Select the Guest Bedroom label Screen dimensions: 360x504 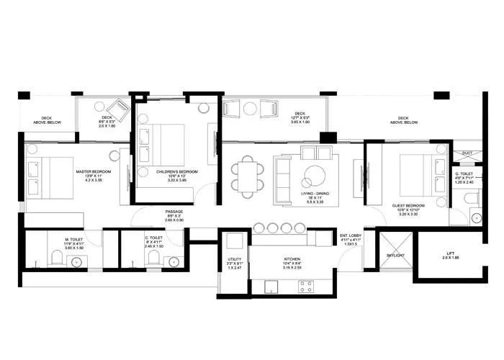coord(408,206)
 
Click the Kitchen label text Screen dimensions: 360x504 coord(292,258)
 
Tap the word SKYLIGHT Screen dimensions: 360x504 coord(395,256)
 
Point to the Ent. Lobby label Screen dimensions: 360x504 coord(350,235)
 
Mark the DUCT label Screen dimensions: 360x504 coord(467,153)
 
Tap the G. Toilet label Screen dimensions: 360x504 coord(464,174)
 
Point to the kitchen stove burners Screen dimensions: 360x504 coord(305,284)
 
